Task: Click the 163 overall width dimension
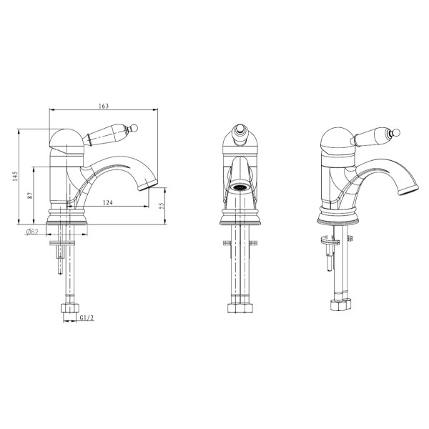point(104,106)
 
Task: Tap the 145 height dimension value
point(15,177)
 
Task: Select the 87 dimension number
point(30,195)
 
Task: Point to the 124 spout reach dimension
point(108,203)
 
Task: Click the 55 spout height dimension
point(161,206)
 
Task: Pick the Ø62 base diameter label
point(32,232)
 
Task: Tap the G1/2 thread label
point(87,318)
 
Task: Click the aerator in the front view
point(240,187)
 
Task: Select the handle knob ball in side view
point(134,128)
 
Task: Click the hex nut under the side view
point(70,308)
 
